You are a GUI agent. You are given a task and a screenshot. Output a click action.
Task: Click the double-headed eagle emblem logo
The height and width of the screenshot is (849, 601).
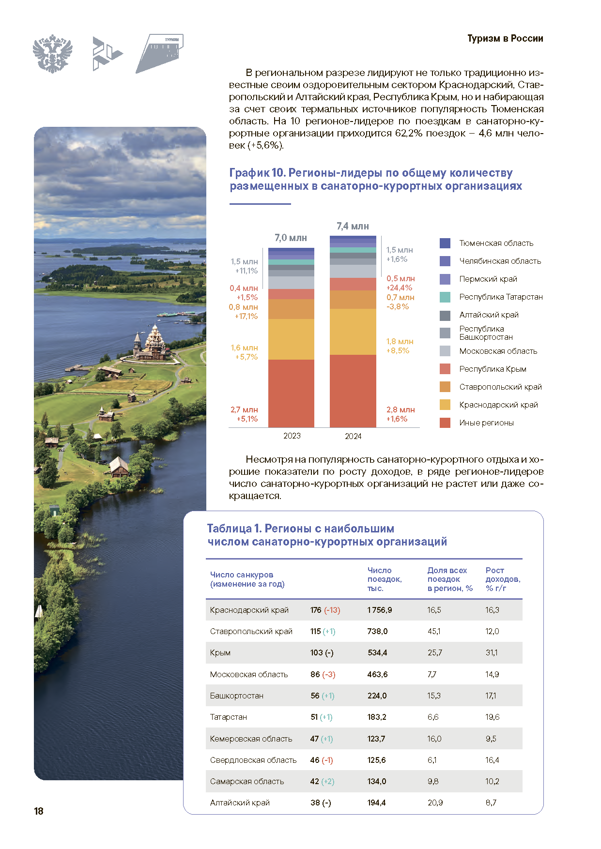pyautogui.click(x=52, y=53)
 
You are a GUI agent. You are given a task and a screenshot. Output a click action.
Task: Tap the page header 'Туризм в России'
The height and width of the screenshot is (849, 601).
pyautogui.click(x=505, y=39)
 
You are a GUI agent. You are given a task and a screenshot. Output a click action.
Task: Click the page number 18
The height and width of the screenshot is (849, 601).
pyautogui.click(x=39, y=811)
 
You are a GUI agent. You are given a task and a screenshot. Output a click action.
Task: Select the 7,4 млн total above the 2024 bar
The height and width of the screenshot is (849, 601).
pyautogui.click(x=353, y=226)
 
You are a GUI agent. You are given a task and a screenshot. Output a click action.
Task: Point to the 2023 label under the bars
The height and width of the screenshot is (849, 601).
pyautogui.click(x=292, y=436)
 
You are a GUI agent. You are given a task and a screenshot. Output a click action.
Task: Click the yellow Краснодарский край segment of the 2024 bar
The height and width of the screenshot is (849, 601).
pyautogui.click(x=353, y=332)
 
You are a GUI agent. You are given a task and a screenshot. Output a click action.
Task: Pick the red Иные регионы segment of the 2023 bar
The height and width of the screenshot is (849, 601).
pyautogui.click(x=291, y=394)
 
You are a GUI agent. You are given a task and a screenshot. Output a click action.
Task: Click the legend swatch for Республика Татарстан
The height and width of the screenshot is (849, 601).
pyautogui.click(x=445, y=297)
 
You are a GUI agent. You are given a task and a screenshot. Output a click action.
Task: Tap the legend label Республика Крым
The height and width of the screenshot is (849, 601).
pyautogui.click(x=493, y=369)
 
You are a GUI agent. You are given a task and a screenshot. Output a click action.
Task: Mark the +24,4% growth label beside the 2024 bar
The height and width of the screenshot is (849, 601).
pyautogui.click(x=399, y=288)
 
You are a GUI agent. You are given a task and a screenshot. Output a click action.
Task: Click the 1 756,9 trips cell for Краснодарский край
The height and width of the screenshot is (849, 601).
pyautogui.click(x=380, y=610)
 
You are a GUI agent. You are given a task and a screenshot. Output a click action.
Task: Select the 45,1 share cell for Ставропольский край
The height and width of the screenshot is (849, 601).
pyautogui.click(x=434, y=631)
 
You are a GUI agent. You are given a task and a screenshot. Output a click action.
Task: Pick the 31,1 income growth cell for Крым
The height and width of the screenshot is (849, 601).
pyautogui.click(x=492, y=652)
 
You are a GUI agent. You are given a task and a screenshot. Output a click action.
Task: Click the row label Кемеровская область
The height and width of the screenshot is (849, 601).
pyautogui.click(x=251, y=739)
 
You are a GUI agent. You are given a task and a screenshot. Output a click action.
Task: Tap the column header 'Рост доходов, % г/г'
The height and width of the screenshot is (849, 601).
pyautogui.click(x=503, y=579)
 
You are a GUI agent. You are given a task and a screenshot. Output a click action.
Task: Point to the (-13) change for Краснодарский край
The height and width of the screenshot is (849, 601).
pyautogui.click(x=332, y=610)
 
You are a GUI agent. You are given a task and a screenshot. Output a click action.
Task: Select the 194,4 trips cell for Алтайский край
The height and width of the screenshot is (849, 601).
pyautogui.click(x=376, y=803)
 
